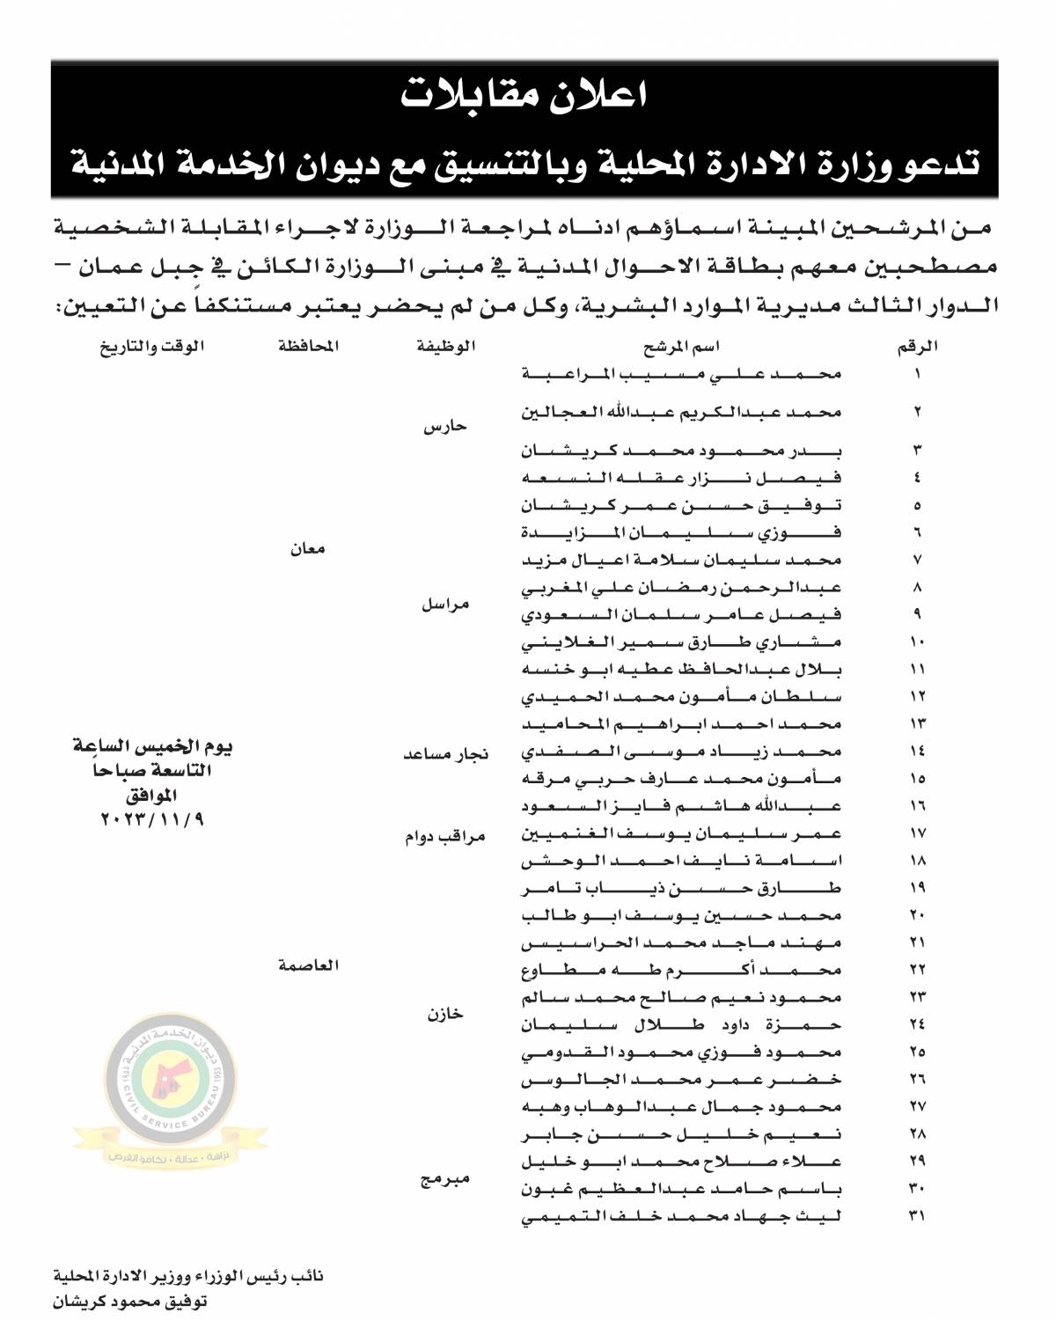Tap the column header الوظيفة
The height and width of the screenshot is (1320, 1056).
coord(445,347)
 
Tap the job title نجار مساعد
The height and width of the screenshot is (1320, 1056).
coord(445,755)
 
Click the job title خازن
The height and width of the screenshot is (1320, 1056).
coord(445,1014)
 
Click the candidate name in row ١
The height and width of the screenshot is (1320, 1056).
coord(683,374)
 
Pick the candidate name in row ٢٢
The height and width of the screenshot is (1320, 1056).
coord(683,970)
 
